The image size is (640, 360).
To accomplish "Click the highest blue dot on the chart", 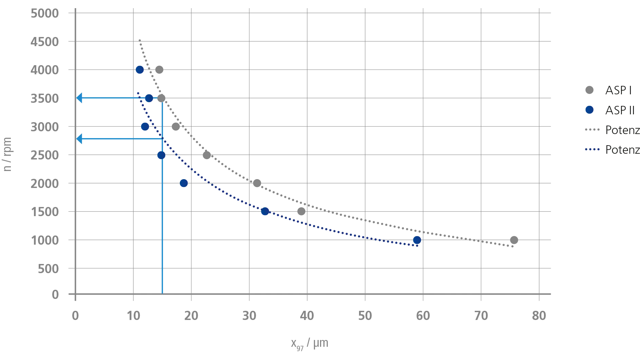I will coord(139,70).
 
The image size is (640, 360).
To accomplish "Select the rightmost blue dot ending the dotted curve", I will coord(417,240).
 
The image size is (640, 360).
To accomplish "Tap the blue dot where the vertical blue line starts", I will coord(161,155).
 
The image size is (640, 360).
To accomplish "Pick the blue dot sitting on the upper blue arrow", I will coord(149,98).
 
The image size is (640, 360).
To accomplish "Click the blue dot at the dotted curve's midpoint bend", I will coord(265,212).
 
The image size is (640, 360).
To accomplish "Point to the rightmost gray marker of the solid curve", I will coord(513,241).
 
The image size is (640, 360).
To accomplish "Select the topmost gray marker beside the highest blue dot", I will coord(161,70).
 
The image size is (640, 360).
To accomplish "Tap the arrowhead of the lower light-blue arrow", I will coord(80,138).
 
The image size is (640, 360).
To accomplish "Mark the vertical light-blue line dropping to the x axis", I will coord(164,221).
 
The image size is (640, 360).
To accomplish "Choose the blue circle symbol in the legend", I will coord(590,110).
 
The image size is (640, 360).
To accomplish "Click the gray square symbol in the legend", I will coord(590,90).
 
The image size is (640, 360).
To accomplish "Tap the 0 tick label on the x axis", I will coord(74,315).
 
